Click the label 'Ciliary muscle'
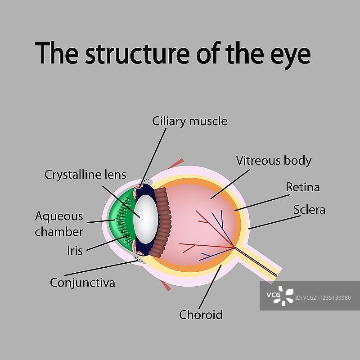pyautogui.click(x=189, y=121)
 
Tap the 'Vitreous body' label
pyautogui.click(x=274, y=161)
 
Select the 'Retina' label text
pyautogui.click(x=303, y=187)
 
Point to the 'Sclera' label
pyautogui.click(x=309, y=209)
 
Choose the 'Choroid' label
pyautogui.click(x=201, y=315)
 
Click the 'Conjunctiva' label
pyautogui.click(x=82, y=283)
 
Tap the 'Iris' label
pyautogui.click(x=75, y=250)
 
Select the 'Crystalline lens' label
pyautogui.click(x=85, y=174)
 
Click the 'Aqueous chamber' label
pyautogui.click(x=59, y=224)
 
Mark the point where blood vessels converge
pyautogui.click(x=234, y=247)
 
